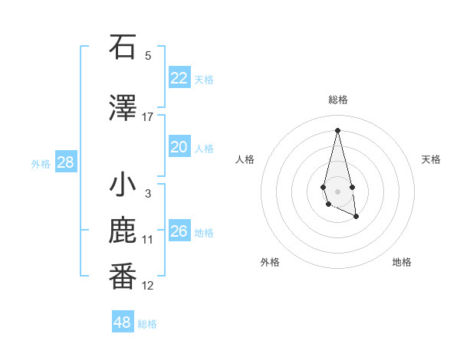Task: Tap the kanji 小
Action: tap(123, 186)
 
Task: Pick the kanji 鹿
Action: tap(123, 232)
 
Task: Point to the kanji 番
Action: tap(123, 277)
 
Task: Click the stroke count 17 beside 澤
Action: tap(148, 117)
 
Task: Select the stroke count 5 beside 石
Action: tap(148, 55)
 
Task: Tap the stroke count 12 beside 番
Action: tap(148, 286)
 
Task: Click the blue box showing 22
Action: tap(179, 78)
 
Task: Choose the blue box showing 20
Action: tap(179, 147)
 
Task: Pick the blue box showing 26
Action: tap(179, 231)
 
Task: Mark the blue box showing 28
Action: tap(65, 162)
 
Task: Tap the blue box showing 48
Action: tap(122, 322)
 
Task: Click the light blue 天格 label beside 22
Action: tap(204, 79)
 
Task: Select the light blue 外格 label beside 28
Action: tap(41, 163)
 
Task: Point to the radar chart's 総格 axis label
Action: tap(337, 100)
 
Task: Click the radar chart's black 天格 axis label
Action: tap(431, 159)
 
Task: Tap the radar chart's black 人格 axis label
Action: tap(245, 159)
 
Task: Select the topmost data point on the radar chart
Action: tap(337, 130)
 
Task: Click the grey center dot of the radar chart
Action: tap(337, 191)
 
